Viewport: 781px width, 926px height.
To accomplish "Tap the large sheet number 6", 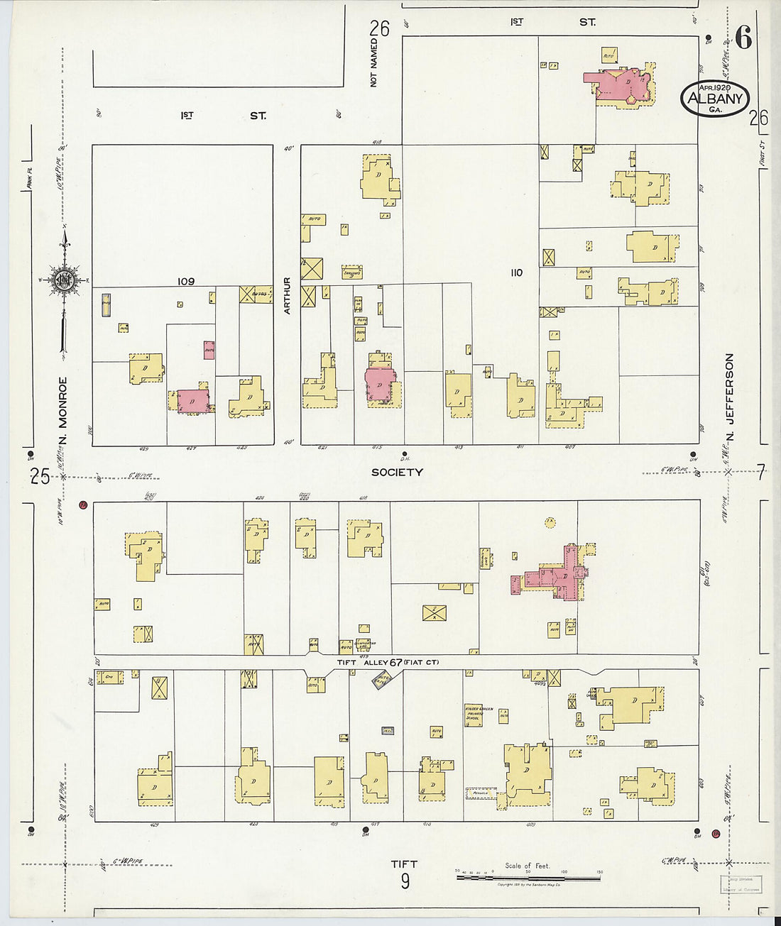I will [743, 38].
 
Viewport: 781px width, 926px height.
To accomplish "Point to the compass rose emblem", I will [64, 279].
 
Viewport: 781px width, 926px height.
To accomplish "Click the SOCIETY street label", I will [397, 472].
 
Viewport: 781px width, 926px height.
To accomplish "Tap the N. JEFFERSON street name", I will [729, 397].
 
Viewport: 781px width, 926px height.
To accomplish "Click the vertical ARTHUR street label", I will [288, 296].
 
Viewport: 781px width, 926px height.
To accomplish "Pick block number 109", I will [185, 282].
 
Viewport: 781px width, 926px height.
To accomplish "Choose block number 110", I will [516, 272].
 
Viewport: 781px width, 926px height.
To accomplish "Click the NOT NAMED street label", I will [373, 64].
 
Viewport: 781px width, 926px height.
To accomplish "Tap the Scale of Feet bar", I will [528, 878].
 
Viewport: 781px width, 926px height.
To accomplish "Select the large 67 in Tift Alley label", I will [395, 662].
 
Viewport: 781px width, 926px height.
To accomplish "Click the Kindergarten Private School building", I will [474, 714].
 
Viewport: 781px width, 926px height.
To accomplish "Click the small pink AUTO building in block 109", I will [209, 350].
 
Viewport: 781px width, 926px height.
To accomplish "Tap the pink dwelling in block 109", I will [193, 400].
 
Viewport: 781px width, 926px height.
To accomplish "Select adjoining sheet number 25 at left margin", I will [40, 476].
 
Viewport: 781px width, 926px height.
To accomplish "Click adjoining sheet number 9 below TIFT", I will [405, 881].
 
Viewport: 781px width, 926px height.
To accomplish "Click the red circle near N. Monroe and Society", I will [83, 505].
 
